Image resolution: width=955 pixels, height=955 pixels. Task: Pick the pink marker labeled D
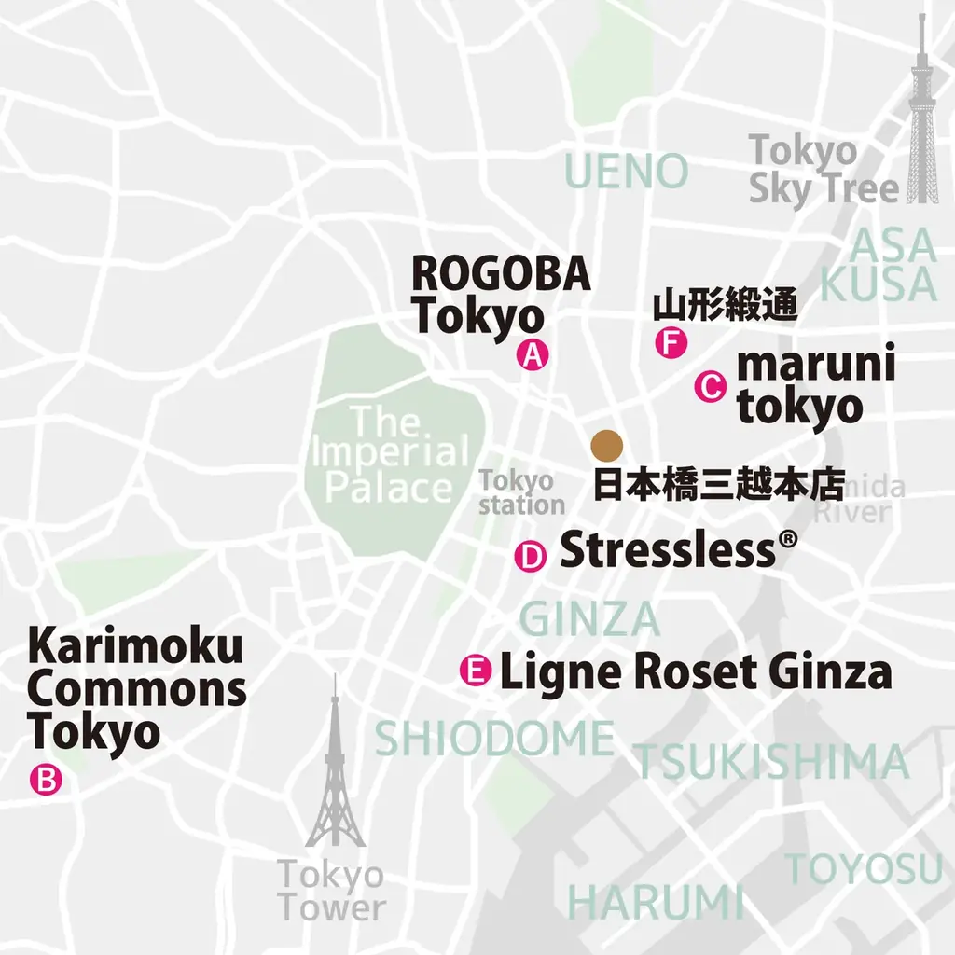[x=531, y=557]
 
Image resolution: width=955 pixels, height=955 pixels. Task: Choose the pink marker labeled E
[x=477, y=671]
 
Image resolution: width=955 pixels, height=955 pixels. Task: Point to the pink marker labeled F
[x=671, y=343]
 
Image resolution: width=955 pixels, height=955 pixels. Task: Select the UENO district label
[x=627, y=172]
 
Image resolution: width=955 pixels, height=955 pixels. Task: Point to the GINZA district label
[x=589, y=619]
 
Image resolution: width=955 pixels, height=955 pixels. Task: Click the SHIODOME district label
[x=494, y=740]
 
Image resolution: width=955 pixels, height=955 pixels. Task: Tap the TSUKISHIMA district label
[x=771, y=762]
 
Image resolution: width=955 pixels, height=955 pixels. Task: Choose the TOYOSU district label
[x=865, y=869]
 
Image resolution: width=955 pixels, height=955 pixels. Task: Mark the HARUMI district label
[x=656, y=903]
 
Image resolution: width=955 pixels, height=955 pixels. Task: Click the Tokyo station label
[x=521, y=493]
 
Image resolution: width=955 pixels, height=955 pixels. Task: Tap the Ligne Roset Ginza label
[x=696, y=671]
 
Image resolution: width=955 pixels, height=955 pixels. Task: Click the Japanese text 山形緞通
[x=725, y=305]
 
